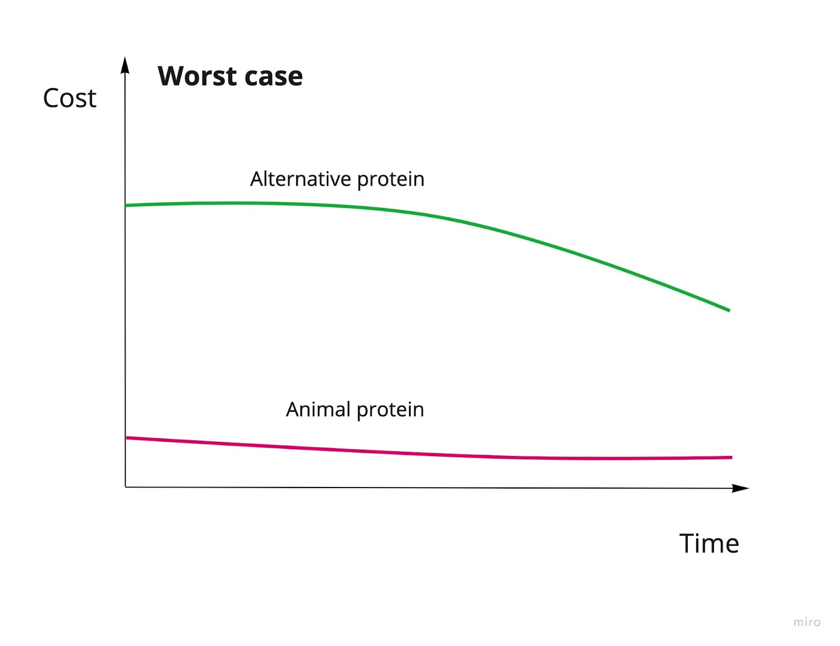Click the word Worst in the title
[x=197, y=77]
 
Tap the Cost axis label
[x=70, y=98]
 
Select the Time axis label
[x=709, y=543]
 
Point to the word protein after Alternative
[x=391, y=180]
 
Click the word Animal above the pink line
[x=318, y=409]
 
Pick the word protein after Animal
[x=390, y=410]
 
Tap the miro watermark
[x=807, y=622]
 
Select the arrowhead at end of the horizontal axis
[x=741, y=488]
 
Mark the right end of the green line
[x=729, y=310]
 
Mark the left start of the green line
[x=127, y=205]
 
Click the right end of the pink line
[x=731, y=458]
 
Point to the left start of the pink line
[x=128, y=438]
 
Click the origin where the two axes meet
[x=125, y=487]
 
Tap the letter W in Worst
[x=172, y=76]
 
